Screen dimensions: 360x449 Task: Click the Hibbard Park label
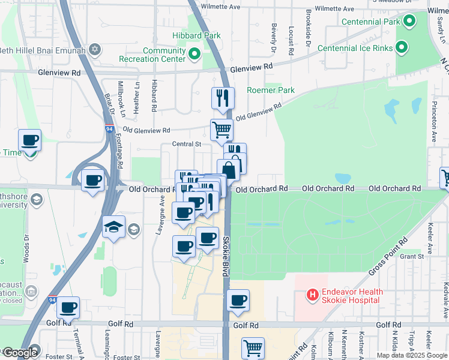198,35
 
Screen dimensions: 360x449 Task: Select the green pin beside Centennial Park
410,22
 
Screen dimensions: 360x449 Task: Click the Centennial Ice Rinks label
355,48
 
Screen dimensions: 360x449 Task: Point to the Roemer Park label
271,91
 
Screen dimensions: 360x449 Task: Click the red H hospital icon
312,295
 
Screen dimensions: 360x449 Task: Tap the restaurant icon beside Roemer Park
223,97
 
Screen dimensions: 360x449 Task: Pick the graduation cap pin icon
113,227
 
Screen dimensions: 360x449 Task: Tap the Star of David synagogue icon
94,48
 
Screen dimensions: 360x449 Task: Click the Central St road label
186,144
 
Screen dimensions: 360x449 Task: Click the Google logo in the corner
20,353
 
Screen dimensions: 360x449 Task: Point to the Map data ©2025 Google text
411,355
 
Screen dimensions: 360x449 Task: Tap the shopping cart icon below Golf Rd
253,348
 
